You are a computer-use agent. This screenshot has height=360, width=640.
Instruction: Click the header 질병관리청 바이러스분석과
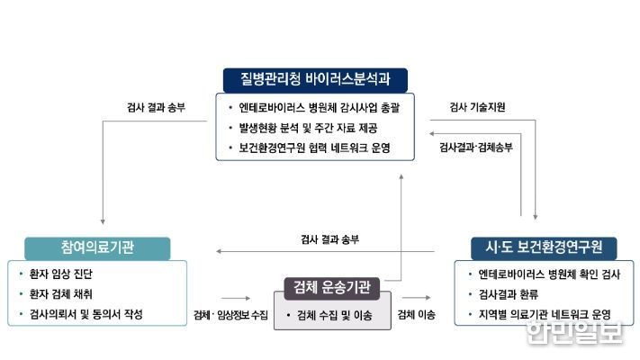tap(315, 80)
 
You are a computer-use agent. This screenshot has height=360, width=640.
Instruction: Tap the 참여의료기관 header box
tap(97, 248)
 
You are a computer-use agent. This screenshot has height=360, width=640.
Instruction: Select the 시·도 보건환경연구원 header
tap(544, 247)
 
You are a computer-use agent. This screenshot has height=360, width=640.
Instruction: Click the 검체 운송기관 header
tap(332, 288)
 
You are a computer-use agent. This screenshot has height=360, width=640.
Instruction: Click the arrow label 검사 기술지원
tap(477, 107)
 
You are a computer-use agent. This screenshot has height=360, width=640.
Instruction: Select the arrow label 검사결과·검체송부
tap(476, 148)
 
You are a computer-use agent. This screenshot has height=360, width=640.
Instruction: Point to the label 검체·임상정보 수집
tap(230, 315)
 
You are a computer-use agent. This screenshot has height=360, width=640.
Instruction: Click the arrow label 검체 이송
tap(417, 314)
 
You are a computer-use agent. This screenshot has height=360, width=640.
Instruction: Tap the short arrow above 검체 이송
tap(417, 298)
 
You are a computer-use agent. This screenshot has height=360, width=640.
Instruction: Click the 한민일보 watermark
tap(575, 332)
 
